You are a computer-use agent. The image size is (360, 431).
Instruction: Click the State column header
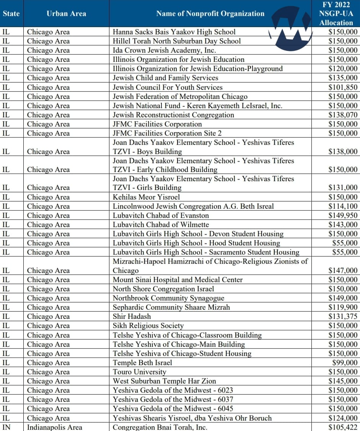(x=11, y=14)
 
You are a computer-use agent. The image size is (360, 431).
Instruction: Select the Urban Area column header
(x=66, y=14)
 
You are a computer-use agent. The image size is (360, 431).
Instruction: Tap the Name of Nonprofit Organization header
(x=210, y=14)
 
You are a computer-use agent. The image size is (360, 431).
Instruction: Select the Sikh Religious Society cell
(x=148, y=326)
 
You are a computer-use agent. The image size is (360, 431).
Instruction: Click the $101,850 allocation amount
(x=343, y=87)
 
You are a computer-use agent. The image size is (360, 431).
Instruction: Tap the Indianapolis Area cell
(x=54, y=427)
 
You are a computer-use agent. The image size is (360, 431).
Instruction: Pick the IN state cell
(x=7, y=427)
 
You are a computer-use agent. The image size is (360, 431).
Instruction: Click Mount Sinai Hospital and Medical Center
(x=178, y=280)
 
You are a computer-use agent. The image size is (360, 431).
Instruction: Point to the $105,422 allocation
(x=343, y=427)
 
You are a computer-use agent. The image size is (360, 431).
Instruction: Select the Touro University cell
(x=139, y=372)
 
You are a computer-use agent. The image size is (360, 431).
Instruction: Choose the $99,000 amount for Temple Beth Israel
(x=345, y=363)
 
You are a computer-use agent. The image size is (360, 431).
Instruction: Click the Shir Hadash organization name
(x=132, y=317)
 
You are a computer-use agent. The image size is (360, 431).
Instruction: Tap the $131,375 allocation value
(x=343, y=317)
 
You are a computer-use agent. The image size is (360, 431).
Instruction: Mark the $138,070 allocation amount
(x=343, y=115)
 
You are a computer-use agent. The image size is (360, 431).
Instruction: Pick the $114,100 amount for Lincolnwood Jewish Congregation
(x=343, y=207)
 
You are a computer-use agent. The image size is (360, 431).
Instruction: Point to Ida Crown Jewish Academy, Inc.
(x=164, y=50)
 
